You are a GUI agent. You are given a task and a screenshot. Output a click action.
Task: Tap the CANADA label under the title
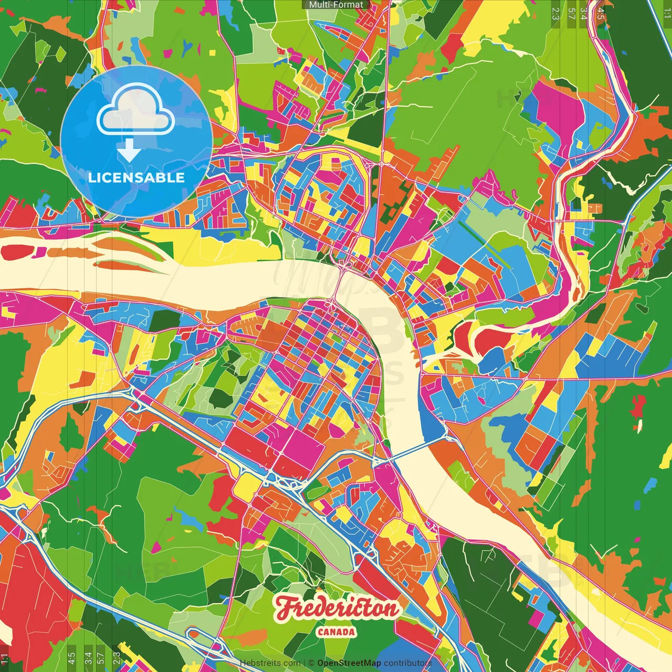click(336, 632)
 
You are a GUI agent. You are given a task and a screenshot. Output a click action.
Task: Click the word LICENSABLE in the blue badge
click(136, 177)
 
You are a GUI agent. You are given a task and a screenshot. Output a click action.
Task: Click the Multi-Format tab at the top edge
click(336, 5)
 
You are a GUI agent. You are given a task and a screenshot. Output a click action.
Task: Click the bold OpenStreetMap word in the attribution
click(349, 663)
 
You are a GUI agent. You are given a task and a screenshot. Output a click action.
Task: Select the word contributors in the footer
click(408, 663)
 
